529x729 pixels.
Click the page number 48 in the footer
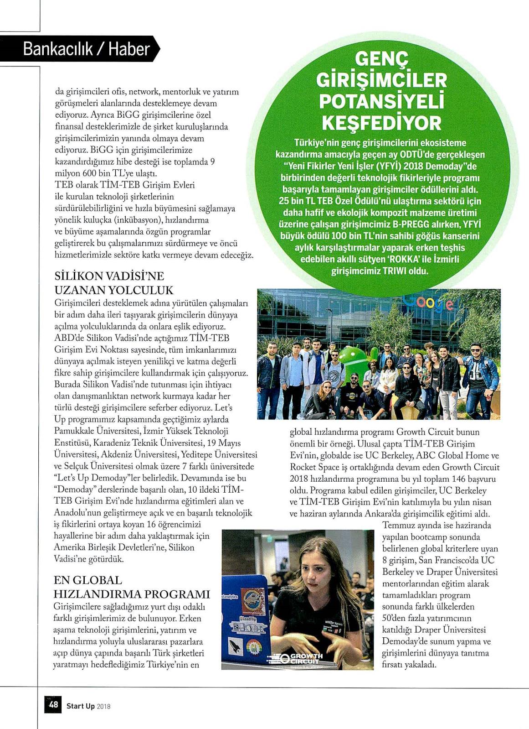tap(54, 705)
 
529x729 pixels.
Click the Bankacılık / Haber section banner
tap(87, 49)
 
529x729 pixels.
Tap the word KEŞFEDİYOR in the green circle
tap(381, 123)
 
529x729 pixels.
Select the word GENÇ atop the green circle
tap(381, 59)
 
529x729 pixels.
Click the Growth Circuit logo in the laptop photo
tap(301, 658)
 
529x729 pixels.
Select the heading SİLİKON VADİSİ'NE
tap(109, 276)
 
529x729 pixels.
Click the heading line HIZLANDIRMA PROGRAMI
tap(132, 594)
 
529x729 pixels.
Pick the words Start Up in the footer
tap(81, 706)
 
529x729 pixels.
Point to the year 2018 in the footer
tap(104, 707)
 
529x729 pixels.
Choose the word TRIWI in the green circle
tap(393, 271)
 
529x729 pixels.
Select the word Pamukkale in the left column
tap(73, 431)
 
